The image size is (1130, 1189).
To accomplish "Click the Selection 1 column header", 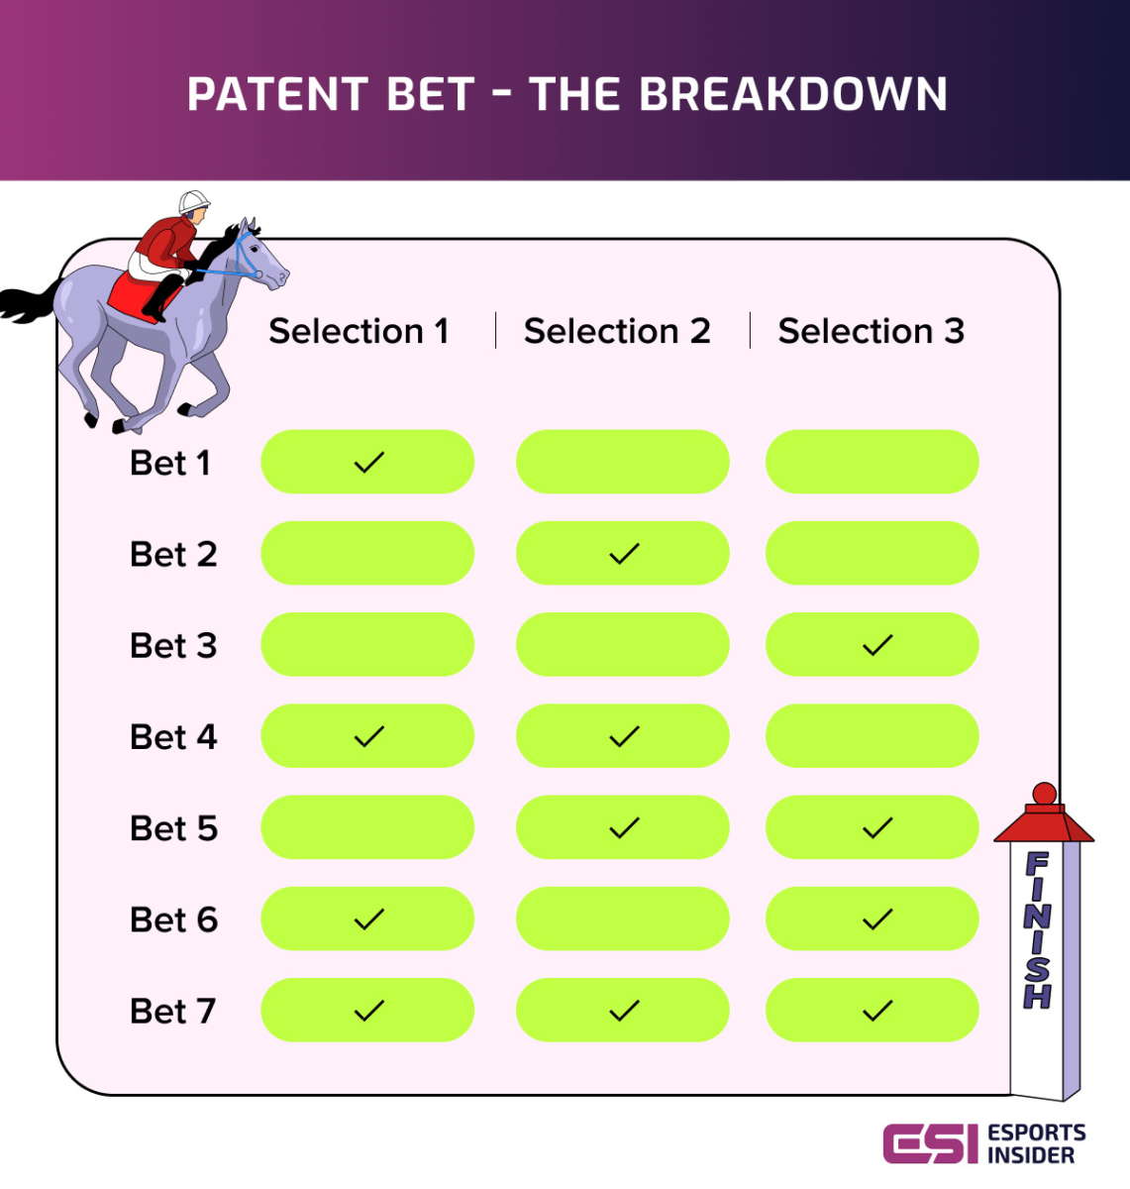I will click(x=359, y=331).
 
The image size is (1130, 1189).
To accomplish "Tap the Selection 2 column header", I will click(x=617, y=331).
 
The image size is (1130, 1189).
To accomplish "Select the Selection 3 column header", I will click(x=871, y=331).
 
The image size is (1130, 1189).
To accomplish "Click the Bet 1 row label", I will click(x=170, y=463).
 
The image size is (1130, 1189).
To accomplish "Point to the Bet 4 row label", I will click(x=173, y=737).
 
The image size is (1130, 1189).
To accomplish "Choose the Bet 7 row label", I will click(x=172, y=1011).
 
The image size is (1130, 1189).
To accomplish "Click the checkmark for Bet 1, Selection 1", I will click(x=368, y=462).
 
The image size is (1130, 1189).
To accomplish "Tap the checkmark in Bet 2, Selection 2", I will click(x=624, y=554).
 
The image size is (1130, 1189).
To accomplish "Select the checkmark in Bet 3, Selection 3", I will click(x=877, y=645).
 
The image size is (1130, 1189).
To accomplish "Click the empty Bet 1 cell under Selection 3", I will click(x=872, y=462).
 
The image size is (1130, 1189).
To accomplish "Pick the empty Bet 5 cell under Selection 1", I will click(x=367, y=827).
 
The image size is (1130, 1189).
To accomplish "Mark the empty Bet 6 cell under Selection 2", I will click(x=622, y=919).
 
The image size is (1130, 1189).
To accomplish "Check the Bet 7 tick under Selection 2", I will click(x=624, y=1011).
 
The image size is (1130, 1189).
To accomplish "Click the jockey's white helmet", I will click(x=194, y=202).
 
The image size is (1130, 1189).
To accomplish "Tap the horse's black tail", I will click(x=30, y=301).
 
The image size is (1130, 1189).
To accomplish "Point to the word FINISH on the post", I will click(x=1037, y=929).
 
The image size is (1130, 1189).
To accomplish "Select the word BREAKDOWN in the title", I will click(x=793, y=95).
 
